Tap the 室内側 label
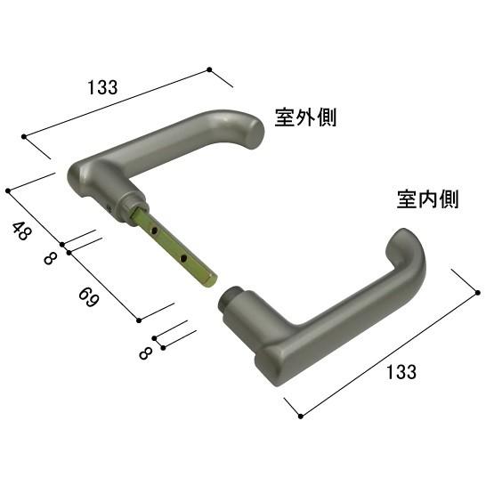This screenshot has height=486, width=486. [x=427, y=199]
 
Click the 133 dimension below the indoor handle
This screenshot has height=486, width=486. [x=401, y=372]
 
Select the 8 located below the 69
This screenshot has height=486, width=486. [x=145, y=352]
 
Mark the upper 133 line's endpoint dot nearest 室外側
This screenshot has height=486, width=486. [x=209, y=69]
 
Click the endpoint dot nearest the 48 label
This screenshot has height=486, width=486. [x=8, y=190]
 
